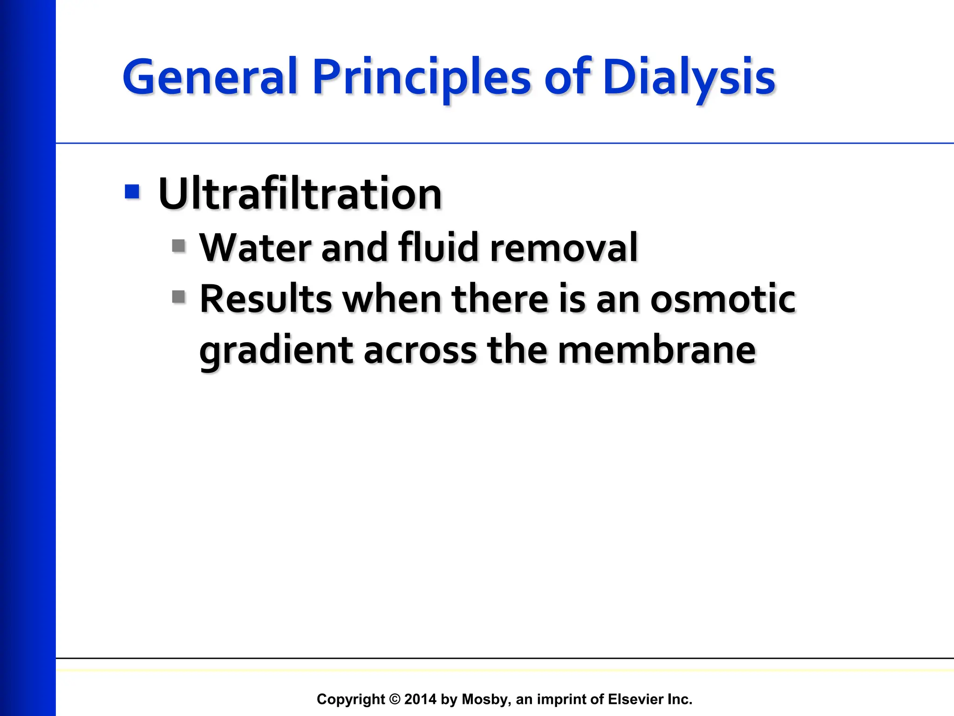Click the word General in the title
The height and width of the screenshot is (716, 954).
coord(210,77)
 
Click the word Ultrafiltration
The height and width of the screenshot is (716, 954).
coord(300,194)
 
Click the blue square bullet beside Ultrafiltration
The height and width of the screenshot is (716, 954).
coord(132,192)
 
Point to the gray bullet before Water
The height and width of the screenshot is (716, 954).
coord(179,246)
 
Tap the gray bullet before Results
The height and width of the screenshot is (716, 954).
coord(179,296)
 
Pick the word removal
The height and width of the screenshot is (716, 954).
coord(564,248)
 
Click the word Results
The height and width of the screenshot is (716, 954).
coord(266,299)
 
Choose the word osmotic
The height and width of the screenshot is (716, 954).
coord(723,299)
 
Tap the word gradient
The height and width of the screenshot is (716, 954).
coord(276,351)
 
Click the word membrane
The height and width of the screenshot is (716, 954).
coord(656,351)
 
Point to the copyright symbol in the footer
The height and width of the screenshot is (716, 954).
coord(395,699)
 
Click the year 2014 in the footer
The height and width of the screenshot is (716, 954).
coord(420,699)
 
